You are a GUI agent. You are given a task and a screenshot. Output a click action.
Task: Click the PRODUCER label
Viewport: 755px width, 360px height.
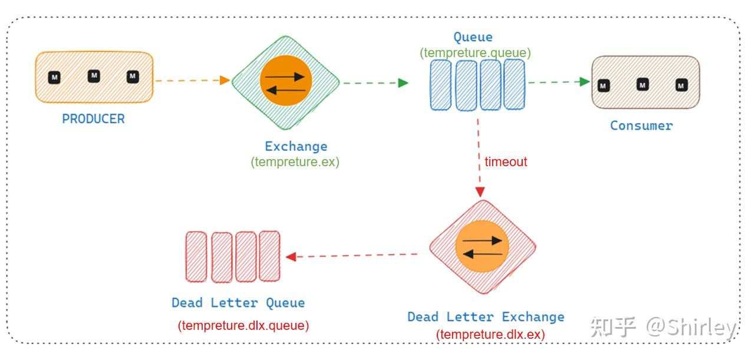[93, 119]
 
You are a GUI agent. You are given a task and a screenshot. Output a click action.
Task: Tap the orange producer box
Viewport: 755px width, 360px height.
[94, 77]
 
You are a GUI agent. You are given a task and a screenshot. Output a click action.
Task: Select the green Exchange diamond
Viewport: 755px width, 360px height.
[286, 82]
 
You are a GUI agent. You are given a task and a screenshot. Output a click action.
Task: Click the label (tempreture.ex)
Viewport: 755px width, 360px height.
[295, 162]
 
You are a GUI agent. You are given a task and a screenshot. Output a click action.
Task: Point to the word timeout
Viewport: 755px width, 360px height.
[506, 162]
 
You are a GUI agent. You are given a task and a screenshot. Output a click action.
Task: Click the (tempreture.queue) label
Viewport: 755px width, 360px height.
[475, 53]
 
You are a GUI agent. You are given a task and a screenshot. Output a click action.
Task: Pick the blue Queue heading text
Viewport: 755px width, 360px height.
[473, 37]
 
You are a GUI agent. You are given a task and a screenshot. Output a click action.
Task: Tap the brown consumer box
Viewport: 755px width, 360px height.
[645, 82]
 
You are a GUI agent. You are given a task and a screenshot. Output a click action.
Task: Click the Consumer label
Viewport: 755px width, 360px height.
[641, 125]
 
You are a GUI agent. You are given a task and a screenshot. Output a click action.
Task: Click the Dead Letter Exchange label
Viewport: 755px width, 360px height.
[486, 317]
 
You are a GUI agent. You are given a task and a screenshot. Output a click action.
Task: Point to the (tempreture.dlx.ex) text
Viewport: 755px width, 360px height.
[490, 335]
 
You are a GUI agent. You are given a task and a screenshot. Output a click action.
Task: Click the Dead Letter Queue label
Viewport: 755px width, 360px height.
[238, 303]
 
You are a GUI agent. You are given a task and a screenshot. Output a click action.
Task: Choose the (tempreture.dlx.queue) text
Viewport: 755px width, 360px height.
[243, 325]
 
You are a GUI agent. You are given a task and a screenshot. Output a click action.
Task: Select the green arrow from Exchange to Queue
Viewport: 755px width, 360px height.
[375, 82]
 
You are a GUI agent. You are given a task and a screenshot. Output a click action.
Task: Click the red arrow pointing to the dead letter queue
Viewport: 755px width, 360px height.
[352, 256]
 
